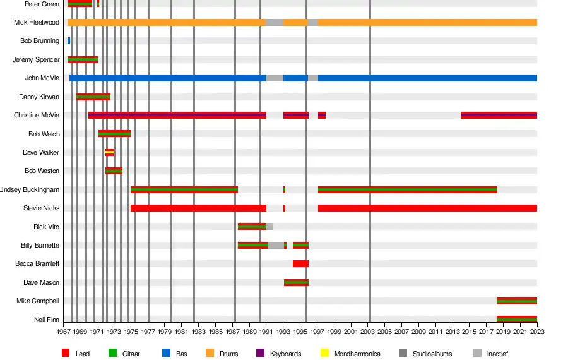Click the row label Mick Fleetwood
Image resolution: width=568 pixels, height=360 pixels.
point(37,23)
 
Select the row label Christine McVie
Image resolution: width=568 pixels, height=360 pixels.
point(37,116)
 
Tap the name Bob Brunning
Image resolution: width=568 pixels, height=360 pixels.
point(40,41)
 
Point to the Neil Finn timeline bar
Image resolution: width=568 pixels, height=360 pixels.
point(516,320)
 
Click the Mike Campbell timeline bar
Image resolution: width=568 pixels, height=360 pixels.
point(516,301)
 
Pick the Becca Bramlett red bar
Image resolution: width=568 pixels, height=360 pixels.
point(300,264)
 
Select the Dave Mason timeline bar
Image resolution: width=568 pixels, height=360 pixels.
point(296,282)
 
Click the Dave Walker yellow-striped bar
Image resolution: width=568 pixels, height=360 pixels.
point(110,152)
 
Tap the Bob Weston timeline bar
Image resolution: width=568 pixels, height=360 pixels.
point(114,171)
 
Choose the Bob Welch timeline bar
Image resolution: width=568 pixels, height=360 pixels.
point(114,134)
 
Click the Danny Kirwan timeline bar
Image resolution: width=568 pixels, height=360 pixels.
point(93,97)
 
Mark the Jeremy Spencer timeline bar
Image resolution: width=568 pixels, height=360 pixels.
point(83,59)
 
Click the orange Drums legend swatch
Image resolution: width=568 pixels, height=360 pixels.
point(210,354)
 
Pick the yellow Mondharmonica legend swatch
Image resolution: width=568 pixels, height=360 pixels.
point(324,354)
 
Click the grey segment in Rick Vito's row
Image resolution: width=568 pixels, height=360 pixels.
point(269,227)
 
